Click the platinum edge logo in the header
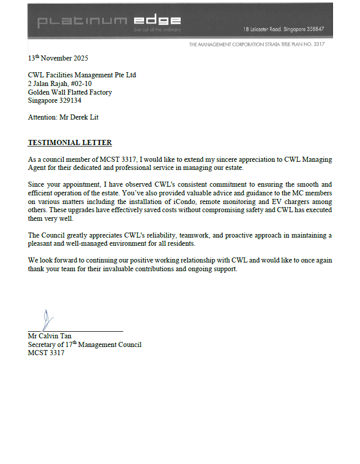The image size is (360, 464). pos(109,21)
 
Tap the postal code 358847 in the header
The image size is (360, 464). pos(313,29)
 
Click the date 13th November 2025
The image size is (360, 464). pos(58,59)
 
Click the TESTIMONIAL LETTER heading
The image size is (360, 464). pos(70,143)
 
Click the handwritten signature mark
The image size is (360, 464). pos(48,320)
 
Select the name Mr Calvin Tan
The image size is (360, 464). pos(49,336)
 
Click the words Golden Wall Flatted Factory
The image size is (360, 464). pos(70,92)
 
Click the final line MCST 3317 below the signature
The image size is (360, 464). pos(46,353)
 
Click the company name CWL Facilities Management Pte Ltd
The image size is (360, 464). pos(82,75)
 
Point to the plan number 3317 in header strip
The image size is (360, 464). pos(319,44)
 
